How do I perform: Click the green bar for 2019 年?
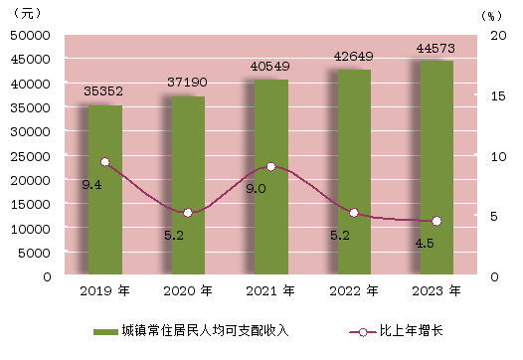(105, 190)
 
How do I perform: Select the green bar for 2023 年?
(436, 167)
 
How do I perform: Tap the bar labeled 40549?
(271, 177)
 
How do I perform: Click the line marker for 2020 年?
(188, 213)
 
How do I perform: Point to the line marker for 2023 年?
(436, 221)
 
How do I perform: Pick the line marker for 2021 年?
(271, 167)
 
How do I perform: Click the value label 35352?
(103, 91)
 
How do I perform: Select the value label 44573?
(436, 49)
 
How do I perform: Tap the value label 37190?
(187, 83)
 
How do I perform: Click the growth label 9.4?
(91, 185)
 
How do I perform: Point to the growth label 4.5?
(425, 244)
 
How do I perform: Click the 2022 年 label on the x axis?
(354, 291)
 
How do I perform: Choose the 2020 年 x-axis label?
(188, 291)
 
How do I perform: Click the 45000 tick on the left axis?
(31, 60)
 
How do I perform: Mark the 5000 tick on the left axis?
(34, 254)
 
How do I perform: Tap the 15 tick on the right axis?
(498, 96)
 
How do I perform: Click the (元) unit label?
(28, 13)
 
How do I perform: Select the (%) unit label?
(491, 16)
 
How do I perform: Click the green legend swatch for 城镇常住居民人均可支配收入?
(105, 332)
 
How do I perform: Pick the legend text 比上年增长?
(412, 330)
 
